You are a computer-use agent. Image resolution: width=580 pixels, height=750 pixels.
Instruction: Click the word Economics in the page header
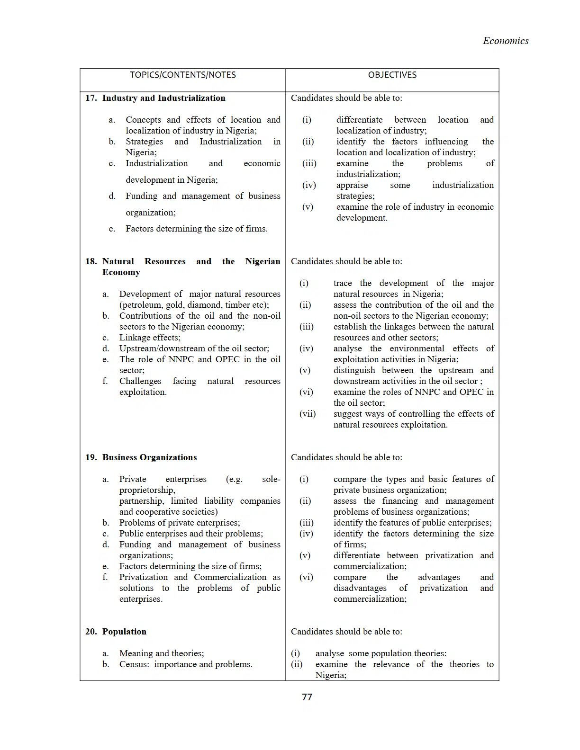pos(506,41)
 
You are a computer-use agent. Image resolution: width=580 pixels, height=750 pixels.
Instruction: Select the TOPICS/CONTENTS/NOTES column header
pos(182,75)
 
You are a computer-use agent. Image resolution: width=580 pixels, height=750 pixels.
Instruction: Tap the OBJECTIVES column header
pos(392,75)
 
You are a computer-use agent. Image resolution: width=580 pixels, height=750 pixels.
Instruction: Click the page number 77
pos(307,697)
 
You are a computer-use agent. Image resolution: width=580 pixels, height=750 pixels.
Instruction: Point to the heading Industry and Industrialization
pos(163,98)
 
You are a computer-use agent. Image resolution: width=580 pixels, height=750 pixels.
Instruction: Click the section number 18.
pos(91,261)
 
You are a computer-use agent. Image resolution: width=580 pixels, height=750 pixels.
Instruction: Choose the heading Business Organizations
pos(149,457)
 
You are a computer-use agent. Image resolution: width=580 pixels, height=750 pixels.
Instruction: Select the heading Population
pos(124,632)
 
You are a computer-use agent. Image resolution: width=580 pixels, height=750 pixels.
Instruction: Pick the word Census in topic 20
pos(133,664)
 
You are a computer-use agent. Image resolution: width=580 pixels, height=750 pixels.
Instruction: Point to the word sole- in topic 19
pos(271,479)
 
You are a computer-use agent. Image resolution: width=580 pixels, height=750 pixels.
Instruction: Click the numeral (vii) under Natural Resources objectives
pos(307,414)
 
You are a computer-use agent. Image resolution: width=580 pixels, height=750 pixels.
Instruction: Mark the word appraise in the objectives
pos(352,185)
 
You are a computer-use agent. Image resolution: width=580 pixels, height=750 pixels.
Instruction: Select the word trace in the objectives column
pos(343,283)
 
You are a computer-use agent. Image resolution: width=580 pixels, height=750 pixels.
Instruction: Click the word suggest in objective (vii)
pos(348,414)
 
